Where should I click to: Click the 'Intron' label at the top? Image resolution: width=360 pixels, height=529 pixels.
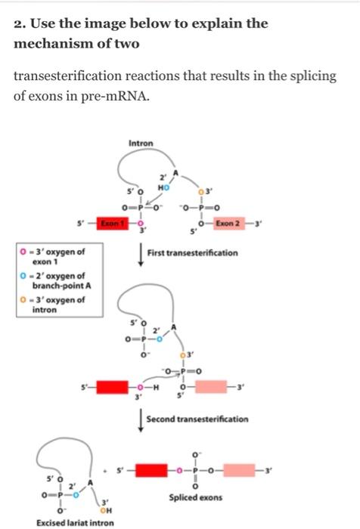coord(141,144)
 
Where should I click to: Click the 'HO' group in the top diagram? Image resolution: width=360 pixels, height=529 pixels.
coord(163,187)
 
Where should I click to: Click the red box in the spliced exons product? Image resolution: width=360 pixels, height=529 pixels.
coord(152,470)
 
